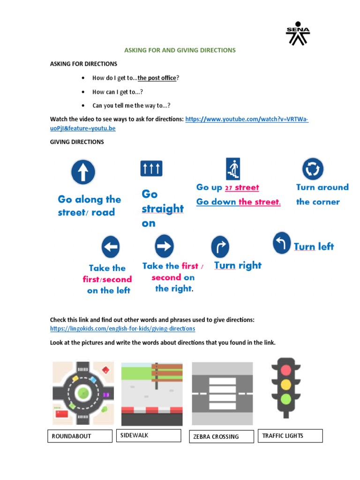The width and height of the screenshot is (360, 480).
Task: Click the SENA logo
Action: pyautogui.click(x=298, y=33)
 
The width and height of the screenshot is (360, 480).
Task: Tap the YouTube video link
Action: pyautogui.click(x=247, y=120)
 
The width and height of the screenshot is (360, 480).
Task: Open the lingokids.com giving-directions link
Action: pyautogui.click(x=123, y=329)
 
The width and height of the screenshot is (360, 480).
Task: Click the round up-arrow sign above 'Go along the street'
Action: pyautogui.click(x=83, y=172)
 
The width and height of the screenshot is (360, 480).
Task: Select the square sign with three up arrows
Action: pyautogui.click(x=151, y=168)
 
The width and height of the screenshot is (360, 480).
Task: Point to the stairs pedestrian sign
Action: pyautogui.click(x=232, y=169)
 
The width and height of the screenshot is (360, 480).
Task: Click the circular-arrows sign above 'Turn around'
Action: pyautogui.click(x=312, y=169)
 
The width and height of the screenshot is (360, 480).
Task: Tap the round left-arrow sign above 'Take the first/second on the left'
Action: pyautogui.click(x=111, y=247)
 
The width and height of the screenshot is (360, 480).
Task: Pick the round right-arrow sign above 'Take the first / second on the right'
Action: pyautogui.click(x=164, y=246)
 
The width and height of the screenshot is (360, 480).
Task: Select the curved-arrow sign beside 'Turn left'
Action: pyautogui.click(x=282, y=243)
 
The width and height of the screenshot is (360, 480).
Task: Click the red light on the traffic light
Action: pyautogui.click(x=285, y=370)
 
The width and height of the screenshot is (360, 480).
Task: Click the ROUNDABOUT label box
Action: pyautogui.click(x=80, y=436)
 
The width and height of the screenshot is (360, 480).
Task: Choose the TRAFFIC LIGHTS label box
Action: pyautogui.click(x=290, y=435)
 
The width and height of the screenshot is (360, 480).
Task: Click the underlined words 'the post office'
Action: pyautogui.click(x=157, y=78)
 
